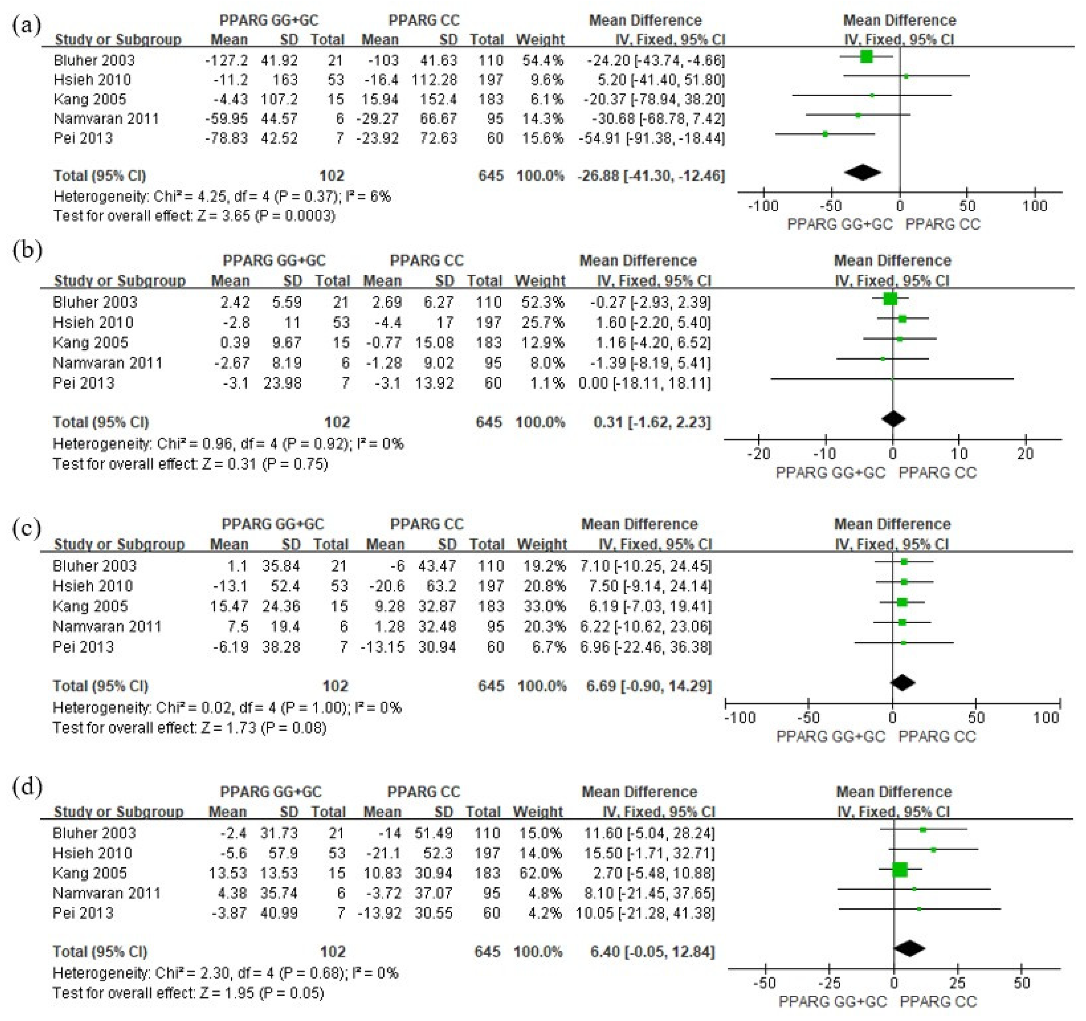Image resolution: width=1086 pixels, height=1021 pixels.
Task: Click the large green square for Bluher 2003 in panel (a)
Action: click(866, 56)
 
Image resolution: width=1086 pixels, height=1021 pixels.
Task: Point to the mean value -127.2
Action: click(226, 60)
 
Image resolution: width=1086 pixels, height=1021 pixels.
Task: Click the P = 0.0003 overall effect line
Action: click(194, 216)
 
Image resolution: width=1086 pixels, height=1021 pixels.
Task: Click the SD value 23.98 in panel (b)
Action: click(282, 383)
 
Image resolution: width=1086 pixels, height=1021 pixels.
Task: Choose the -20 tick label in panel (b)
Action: click(758, 453)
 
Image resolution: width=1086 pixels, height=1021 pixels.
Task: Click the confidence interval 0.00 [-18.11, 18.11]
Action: click(644, 383)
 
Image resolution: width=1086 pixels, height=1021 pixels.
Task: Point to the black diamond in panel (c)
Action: click(903, 682)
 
